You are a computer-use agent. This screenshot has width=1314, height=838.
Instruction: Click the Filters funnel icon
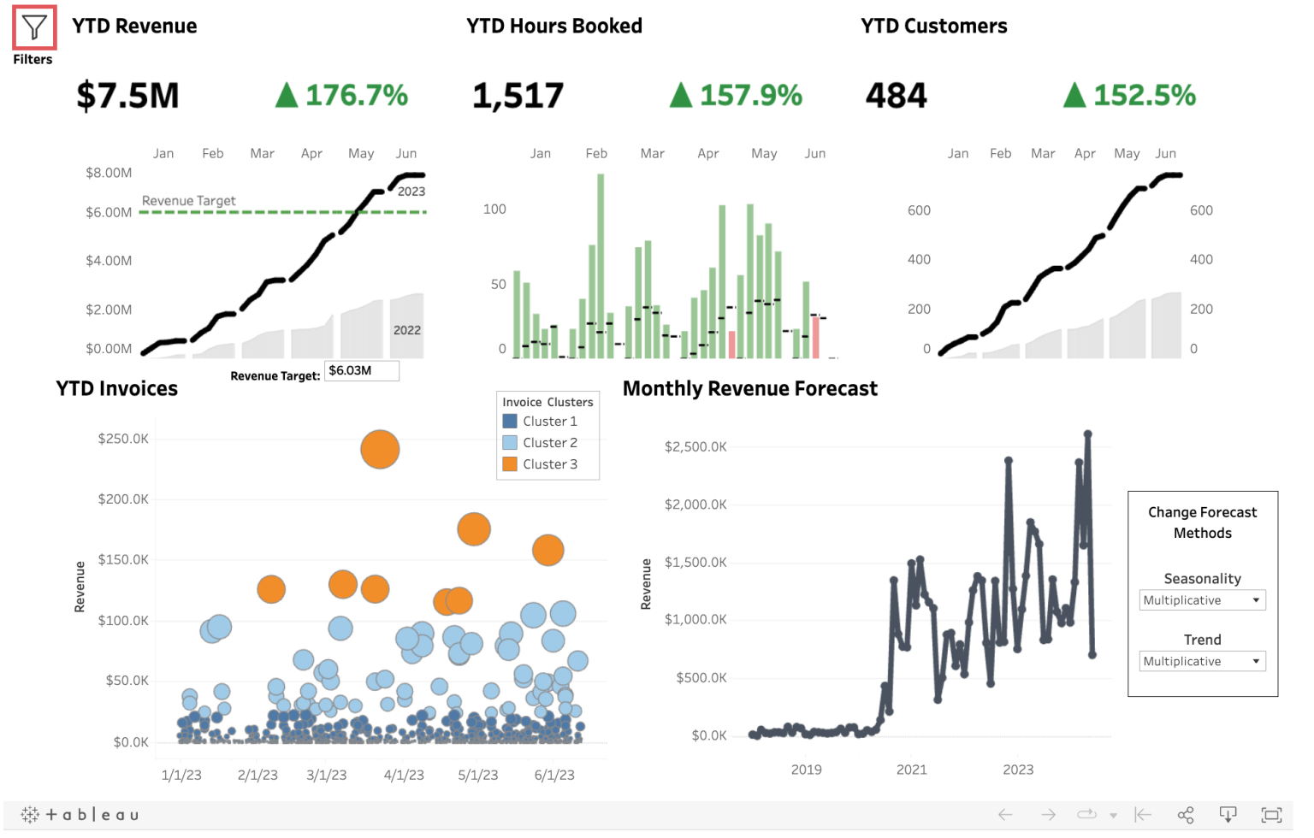coord(34,28)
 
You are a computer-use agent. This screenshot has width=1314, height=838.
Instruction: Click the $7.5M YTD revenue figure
coord(127,96)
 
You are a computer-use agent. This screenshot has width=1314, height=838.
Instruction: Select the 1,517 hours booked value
coord(518,96)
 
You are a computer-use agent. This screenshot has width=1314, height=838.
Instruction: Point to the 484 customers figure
coord(896,96)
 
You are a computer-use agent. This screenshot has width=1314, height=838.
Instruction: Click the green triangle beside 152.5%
coord(1074,95)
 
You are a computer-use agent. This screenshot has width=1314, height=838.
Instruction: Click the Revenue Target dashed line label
coord(188,201)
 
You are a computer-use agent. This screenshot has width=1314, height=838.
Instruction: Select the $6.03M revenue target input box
coord(361,370)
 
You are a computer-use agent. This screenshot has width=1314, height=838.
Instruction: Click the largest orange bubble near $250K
coord(380,449)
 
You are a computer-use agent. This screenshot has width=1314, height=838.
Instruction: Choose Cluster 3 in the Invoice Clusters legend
coord(549,464)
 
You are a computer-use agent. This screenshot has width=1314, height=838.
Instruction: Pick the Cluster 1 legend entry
coord(549,422)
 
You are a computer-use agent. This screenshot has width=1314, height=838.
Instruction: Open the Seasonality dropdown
coord(1202,600)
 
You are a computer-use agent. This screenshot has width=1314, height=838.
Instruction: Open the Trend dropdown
coord(1202,661)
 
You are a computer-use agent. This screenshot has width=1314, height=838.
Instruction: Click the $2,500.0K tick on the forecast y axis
coord(695,446)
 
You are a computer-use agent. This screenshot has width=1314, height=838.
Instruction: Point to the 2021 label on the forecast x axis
coord(911,770)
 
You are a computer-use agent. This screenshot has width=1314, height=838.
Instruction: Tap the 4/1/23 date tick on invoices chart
coord(404,776)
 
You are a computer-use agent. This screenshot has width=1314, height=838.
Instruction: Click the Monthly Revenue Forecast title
coord(749,389)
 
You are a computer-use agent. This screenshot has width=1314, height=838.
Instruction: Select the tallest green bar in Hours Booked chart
coord(601,265)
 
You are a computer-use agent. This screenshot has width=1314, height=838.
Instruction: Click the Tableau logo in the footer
coord(80,815)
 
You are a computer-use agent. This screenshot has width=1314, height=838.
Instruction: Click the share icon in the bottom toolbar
coord(1186,815)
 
